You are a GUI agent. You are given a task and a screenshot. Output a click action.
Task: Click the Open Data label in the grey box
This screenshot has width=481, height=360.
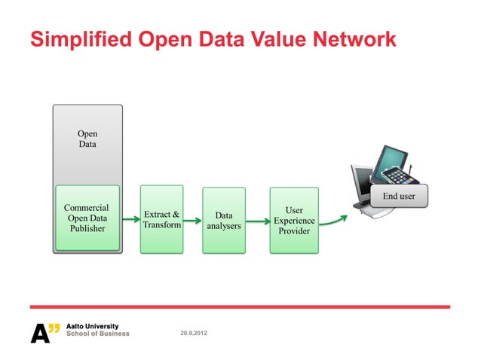coord(87,139)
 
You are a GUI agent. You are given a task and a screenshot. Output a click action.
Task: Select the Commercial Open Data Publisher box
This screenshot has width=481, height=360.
coord(87,218)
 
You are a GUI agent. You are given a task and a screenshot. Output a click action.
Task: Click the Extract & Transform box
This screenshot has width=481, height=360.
coord(162,218)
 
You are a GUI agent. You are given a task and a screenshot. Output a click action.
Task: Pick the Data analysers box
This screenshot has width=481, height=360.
coord(224,220)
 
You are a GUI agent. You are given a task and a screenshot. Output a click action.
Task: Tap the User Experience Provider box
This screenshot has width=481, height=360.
coord(294,221)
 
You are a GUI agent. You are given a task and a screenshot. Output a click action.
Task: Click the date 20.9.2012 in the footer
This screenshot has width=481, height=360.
coord(195,332)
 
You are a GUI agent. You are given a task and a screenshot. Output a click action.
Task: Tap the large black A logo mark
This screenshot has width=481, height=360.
coord(39,332)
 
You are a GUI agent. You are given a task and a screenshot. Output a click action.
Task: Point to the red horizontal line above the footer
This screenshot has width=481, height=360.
coord(240,307)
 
